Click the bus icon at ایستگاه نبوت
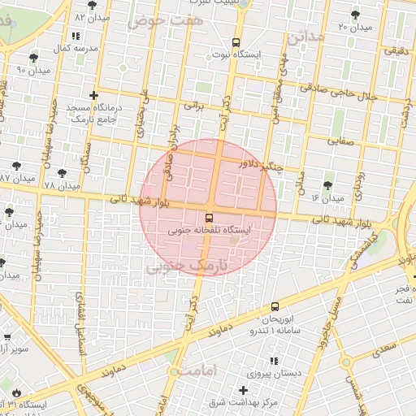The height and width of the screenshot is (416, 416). click(236, 42)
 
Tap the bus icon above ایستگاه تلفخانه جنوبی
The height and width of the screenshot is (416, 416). click(209, 218)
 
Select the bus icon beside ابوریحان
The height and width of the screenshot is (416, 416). click(275, 307)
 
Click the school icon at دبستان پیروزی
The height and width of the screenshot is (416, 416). click(274, 360)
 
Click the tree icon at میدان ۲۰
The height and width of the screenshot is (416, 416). click(355, 15)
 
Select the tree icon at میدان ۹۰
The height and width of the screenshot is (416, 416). click(33, 58)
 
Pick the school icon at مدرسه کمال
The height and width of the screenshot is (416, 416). click(76, 37)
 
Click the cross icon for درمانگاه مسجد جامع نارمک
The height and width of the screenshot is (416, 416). click(94, 95)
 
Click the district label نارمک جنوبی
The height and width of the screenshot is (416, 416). click(187, 266)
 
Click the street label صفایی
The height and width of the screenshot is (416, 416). click(340, 140)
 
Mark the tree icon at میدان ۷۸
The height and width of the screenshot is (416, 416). click(63, 173)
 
